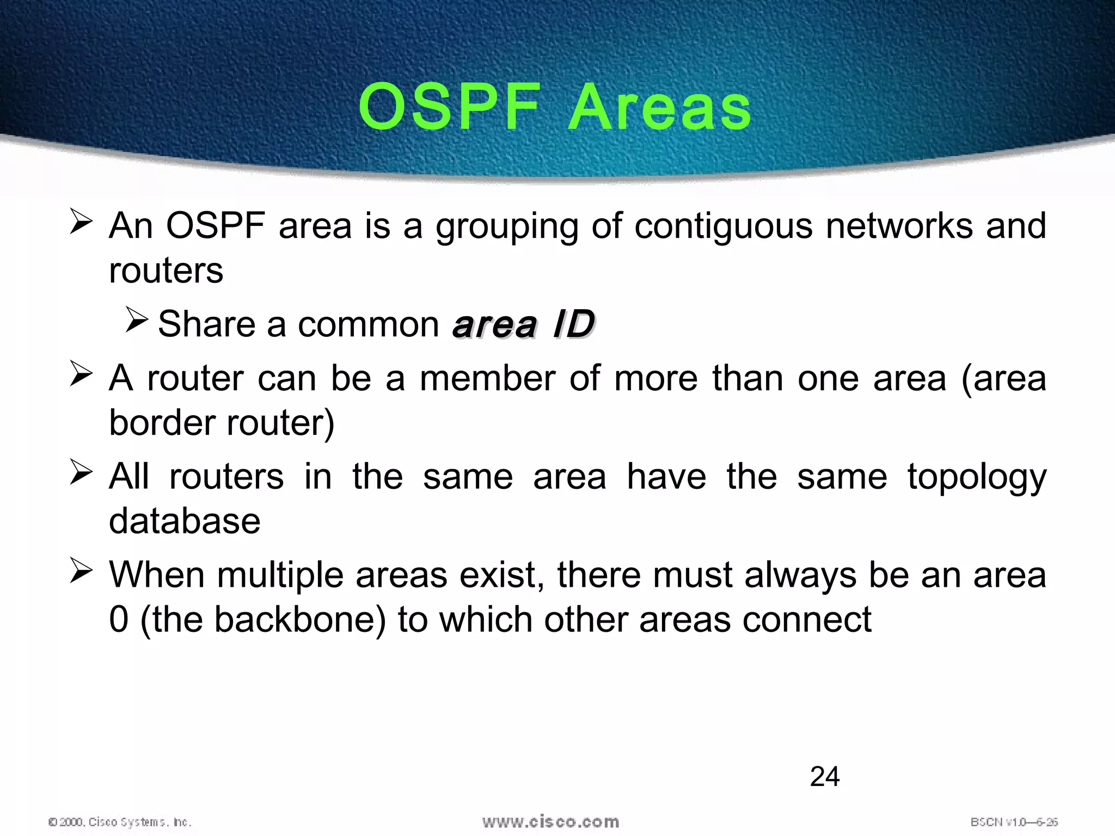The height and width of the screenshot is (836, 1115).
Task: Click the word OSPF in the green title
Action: pyautogui.click(x=450, y=107)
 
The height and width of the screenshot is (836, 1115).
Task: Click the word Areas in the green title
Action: pyautogui.click(x=659, y=107)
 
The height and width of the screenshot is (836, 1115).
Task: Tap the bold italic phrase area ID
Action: pyautogui.click(x=524, y=324)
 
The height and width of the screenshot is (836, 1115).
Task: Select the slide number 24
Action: pyautogui.click(x=824, y=776)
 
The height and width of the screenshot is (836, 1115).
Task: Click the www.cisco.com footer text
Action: pyautogui.click(x=550, y=821)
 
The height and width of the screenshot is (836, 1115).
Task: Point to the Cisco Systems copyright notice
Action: pyautogui.click(x=120, y=822)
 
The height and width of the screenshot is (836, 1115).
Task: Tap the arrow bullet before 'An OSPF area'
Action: pyautogui.click(x=81, y=223)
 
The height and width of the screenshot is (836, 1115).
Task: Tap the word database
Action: pyautogui.click(x=185, y=521)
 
